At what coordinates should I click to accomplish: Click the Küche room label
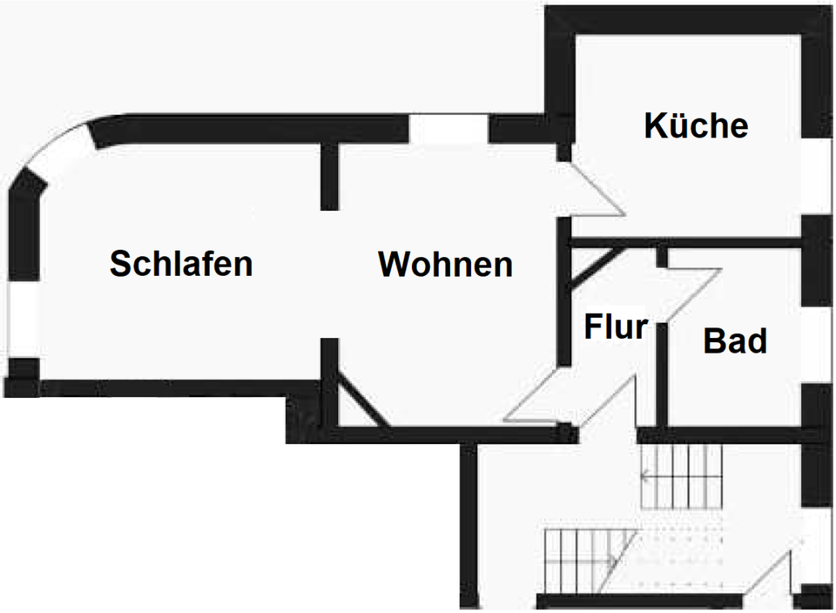pyautogui.click(x=696, y=125)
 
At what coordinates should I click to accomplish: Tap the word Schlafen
pyautogui.click(x=181, y=263)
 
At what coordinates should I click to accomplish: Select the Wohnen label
pyautogui.click(x=445, y=264)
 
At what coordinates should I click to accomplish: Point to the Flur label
pyautogui.click(x=616, y=327)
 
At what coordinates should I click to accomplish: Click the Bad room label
pyautogui.click(x=735, y=341)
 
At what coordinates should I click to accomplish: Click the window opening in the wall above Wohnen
pyautogui.click(x=448, y=129)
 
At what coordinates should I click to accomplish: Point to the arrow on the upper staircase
pyautogui.click(x=645, y=475)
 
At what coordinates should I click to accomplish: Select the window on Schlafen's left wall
pyautogui.click(x=23, y=319)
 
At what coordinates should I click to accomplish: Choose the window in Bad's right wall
pyautogui.click(x=816, y=344)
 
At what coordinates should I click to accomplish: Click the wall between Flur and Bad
pyautogui.click(x=661, y=374)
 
